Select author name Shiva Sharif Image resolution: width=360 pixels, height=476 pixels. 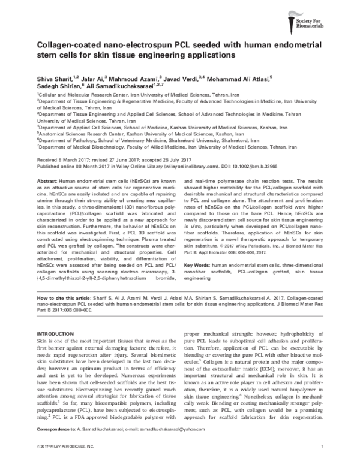55,78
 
